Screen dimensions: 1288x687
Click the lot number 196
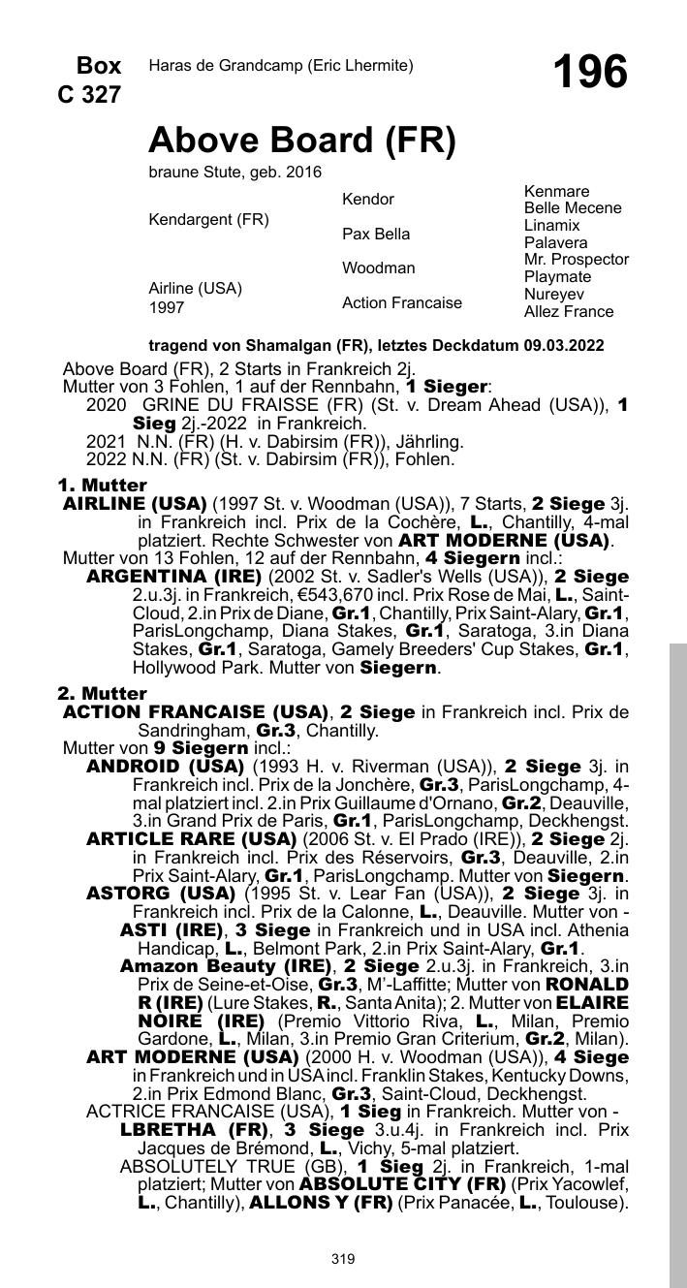[589, 72]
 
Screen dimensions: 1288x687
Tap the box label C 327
[89, 95]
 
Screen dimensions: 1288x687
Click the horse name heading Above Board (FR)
[301, 141]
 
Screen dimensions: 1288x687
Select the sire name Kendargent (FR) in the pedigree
[208, 220]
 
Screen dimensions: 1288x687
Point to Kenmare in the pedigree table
[556, 192]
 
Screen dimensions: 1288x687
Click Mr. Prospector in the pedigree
[576, 260]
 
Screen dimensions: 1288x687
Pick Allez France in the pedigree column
[568, 311]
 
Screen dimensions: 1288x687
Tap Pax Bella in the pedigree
[375, 234]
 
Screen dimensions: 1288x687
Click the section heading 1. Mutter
[102, 485]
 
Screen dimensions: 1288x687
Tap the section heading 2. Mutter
[102, 694]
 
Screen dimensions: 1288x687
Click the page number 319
[343, 1259]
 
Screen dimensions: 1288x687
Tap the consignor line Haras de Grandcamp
[281, 66]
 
